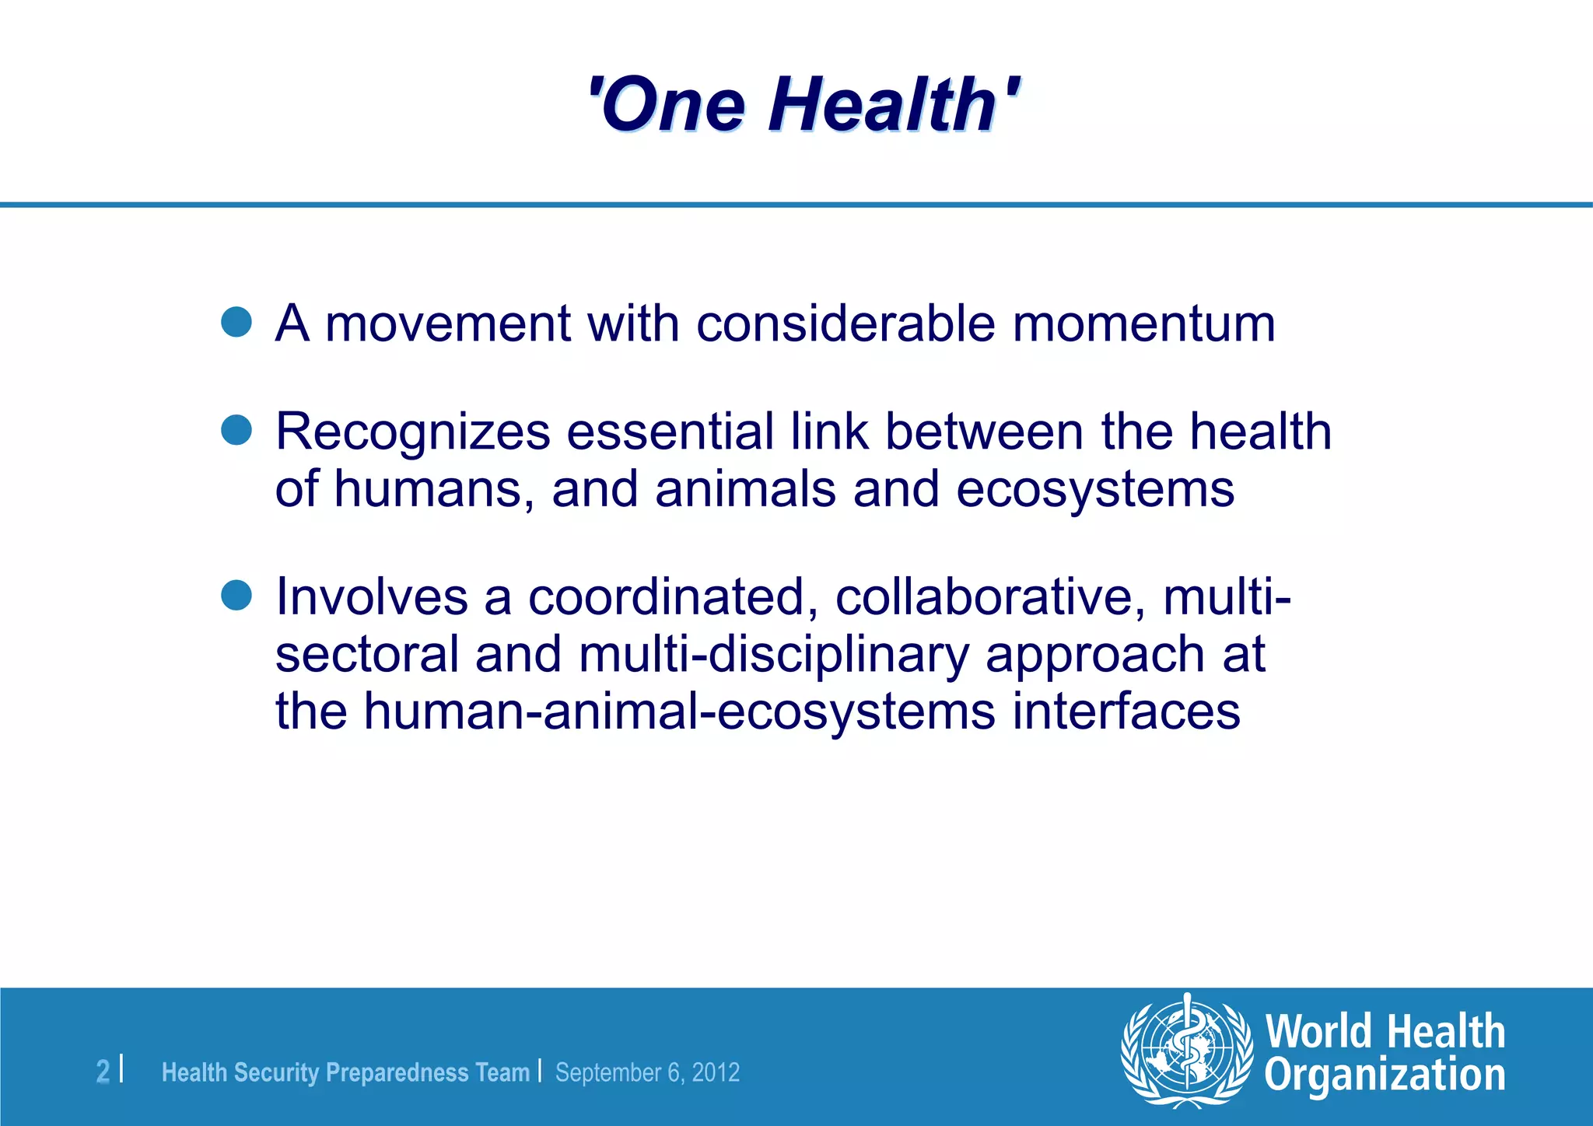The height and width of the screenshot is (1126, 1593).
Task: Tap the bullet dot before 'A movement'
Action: pyautogui.click(x=236, y=321)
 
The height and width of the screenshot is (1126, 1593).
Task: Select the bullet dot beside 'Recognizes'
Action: pyautogui.click(x=236, y=429)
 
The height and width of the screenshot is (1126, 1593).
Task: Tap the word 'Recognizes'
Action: pyautogui.click(x=412, y=432)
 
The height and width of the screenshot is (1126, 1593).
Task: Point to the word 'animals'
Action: pyautogui.click(x=745, y=490)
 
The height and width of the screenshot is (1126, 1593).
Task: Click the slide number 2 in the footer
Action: pyautogui.click(x=103, y=1072)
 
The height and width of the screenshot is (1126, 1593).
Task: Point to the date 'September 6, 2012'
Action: pyautogui.click(x=647, y=1072)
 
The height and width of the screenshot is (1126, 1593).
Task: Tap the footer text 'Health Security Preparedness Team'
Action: pyautogui.click(x=345, y=1072)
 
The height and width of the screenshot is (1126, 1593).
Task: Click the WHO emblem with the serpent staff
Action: pyautogui.click(x=1186, y=1051)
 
